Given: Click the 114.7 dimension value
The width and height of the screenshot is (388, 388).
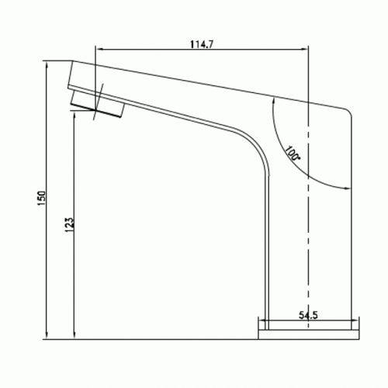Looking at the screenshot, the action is pyautogui.click(x=202, y=44).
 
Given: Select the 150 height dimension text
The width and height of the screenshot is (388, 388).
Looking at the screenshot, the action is pyautogui.click(x=42, y=199).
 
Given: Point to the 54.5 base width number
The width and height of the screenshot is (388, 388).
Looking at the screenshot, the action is pyautogui.click(x=308, y=315).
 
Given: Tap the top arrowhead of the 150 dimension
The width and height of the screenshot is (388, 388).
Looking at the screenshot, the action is pyautogui.click(x=47, y=66).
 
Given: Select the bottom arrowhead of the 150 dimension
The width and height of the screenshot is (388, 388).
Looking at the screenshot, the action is pyautogui.click(x=47, y=334).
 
